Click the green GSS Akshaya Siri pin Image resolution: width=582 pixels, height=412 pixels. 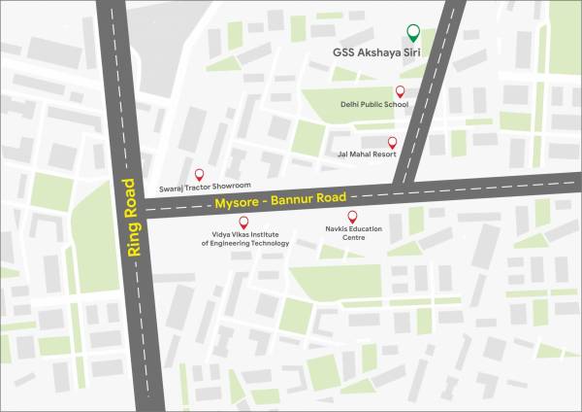413,31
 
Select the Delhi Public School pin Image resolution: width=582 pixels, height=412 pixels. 400,91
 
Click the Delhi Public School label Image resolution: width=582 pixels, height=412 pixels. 373,105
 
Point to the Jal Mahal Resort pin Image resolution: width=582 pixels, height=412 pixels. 393,141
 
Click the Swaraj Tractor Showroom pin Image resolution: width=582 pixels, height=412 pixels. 200,172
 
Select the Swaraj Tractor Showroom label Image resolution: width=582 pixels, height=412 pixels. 205,186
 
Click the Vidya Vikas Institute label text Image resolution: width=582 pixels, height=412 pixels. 244,239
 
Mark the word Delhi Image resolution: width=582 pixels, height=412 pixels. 349,105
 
